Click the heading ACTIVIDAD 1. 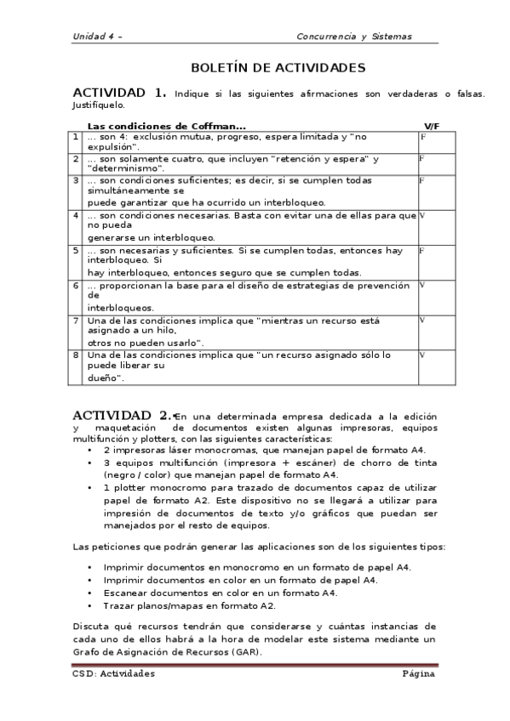coord(119,93)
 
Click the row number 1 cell coord(77,136)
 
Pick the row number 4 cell coord(77,215)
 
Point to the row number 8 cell coord(77,354)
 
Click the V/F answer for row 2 coord(422,158)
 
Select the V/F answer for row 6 coord(422,284)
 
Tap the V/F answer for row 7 coord(422,320)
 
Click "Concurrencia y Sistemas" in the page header coord(353,37)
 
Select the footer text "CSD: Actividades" coord(113,673)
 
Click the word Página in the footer coord(419,673)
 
